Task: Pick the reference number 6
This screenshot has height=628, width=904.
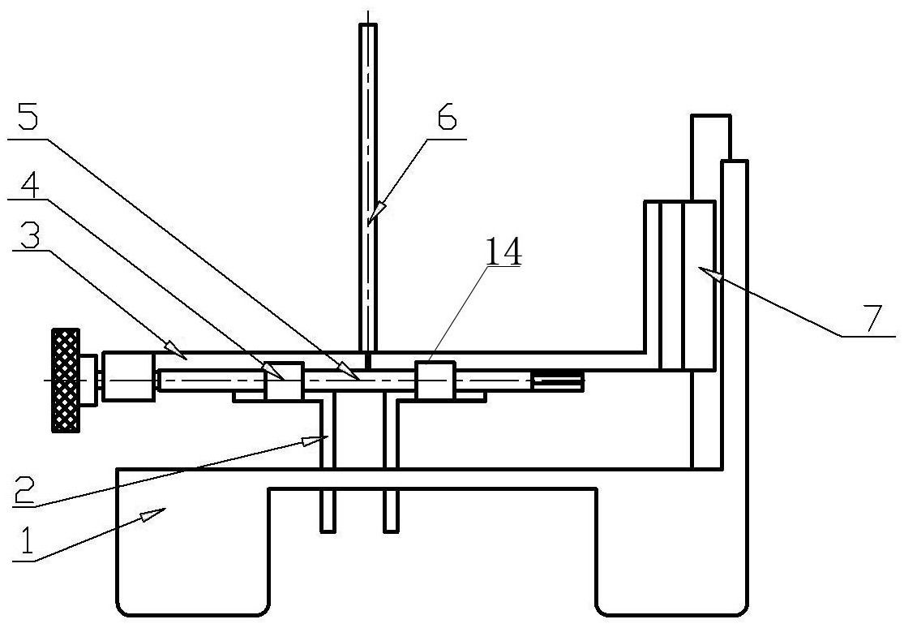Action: point(446,117)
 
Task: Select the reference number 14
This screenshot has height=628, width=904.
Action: point(503,252)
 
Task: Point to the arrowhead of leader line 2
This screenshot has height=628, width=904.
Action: point(312,441)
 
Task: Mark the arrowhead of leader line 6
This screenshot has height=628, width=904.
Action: point(375,213)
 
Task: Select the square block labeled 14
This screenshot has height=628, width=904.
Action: point(436,380)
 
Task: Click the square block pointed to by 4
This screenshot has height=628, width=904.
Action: point(284,381)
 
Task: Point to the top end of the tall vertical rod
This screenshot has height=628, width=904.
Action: point(368,25)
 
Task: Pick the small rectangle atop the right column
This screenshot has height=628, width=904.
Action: point(711,137)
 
